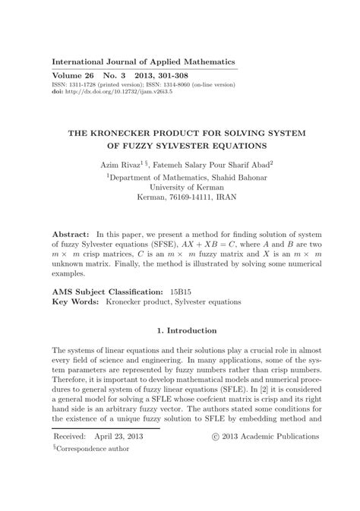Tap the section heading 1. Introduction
point(180,330)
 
